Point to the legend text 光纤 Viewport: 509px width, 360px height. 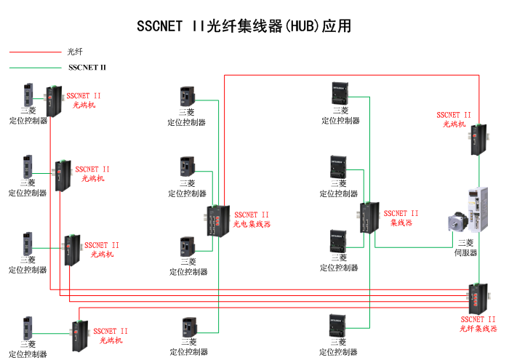[75, 52]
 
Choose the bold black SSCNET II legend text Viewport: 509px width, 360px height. [87, 68]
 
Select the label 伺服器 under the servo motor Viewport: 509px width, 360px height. [466, 252]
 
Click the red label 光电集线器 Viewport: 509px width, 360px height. [252, 225]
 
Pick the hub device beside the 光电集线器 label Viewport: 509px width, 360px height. [215, 220]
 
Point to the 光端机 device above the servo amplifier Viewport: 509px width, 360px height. [478, 139]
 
